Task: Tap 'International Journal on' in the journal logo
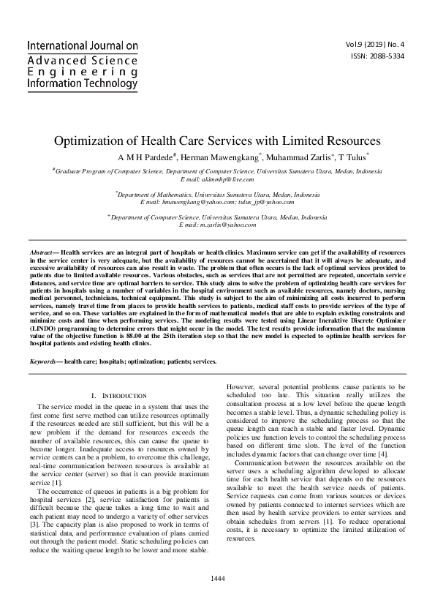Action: coord(82,46)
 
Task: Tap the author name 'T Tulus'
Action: coord(350,157)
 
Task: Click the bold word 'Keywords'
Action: coord(44,362)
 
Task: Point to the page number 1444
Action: coord(217,578)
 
